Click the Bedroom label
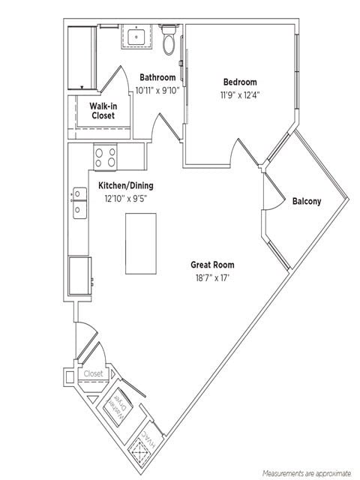click(x=239, y=82)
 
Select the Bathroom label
click(x=157, y=77)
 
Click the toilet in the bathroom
click(x=169, y=42)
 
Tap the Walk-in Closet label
click(x=103, y=111)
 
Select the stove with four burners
click(x=105, y=157)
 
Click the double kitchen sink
click(x=79, y=203)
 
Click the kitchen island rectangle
click(x=140, y=243)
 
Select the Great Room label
click(x=212, y=265)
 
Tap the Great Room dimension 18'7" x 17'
click(x=212, y=277)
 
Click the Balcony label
click(x=306, y=201)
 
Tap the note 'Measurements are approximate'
click(x=306, y=473)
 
